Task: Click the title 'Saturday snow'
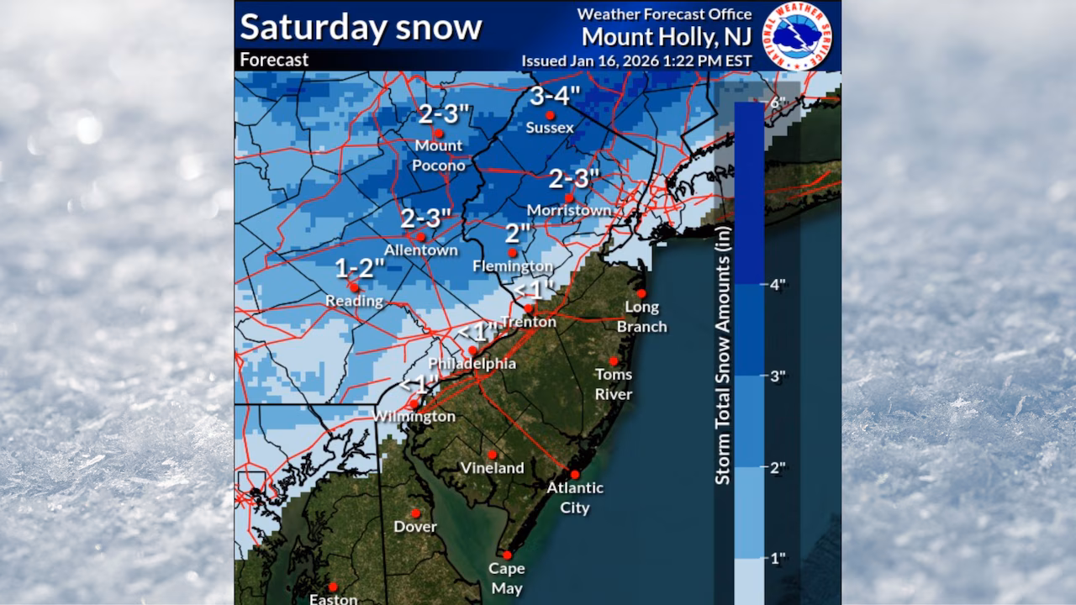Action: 361,27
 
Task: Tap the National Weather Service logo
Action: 796,35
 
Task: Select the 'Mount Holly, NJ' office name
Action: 667,37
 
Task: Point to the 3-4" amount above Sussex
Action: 550,97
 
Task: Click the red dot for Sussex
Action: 550,115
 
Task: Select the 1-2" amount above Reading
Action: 360,268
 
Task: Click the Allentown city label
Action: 420,250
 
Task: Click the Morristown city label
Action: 568,210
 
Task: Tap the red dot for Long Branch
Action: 641,293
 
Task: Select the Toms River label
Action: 614,384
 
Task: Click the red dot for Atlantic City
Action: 575,474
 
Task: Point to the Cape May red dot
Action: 507,555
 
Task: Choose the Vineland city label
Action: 492,468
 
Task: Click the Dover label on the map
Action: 415,527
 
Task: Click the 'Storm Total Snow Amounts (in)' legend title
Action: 723,354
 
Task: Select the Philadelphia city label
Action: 472,364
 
